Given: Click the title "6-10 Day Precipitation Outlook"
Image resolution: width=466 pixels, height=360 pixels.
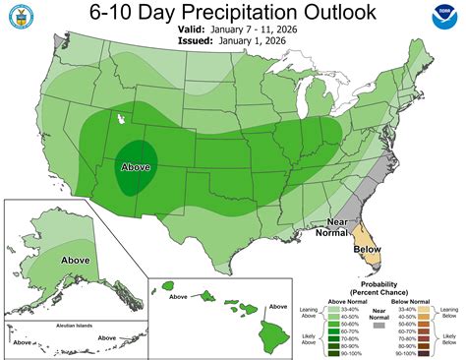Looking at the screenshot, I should [x=233, y=13].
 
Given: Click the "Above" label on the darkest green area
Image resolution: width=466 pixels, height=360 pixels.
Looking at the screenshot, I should [x=135, y=167].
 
